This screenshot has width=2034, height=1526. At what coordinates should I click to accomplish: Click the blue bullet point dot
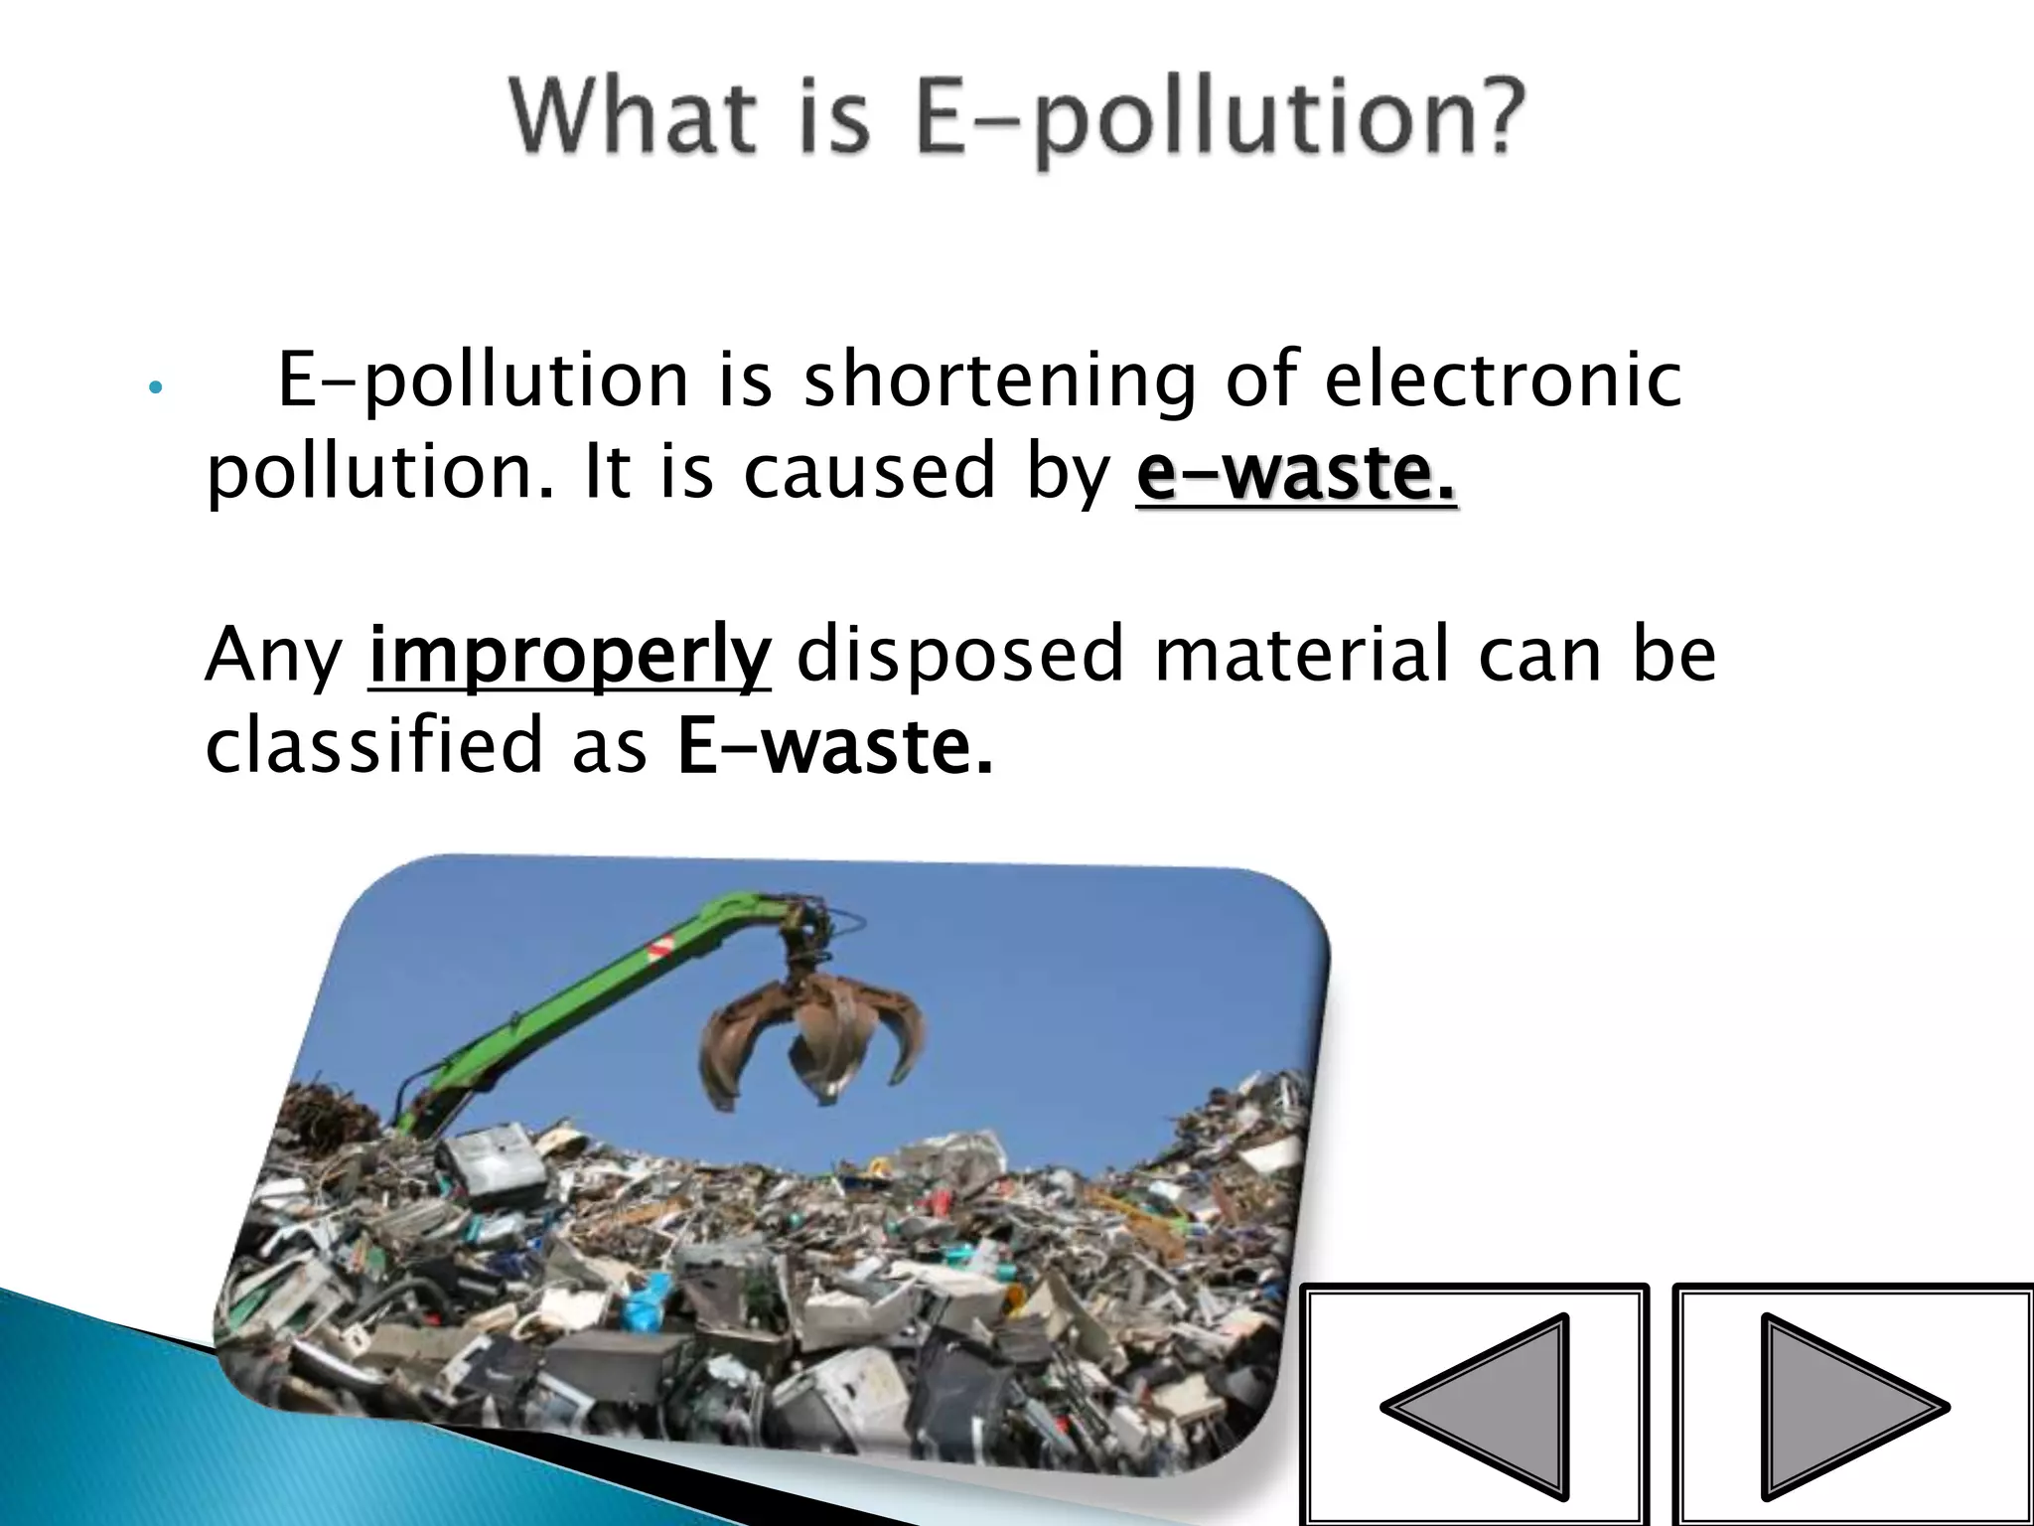click(x=153, y=388)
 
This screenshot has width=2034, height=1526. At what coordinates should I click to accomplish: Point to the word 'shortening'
click(x=1000, y=383)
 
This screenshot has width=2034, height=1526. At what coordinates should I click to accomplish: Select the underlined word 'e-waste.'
click(x=1296, y=474)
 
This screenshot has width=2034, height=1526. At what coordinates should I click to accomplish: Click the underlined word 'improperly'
click(x=569, y=657)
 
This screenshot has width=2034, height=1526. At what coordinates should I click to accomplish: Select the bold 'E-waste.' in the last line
click(x=834, y=747)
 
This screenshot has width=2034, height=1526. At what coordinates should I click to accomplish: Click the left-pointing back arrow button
click(x=1474, y=1406)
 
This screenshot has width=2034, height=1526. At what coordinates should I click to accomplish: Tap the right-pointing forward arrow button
click(x=1853, y=1406)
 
